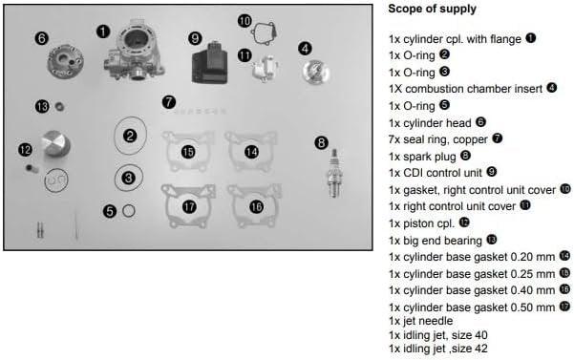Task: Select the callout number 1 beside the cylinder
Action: click(x=102, y=31)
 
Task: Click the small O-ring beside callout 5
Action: click(x=129, y=210)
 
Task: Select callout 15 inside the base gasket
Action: click(x=188, y=152)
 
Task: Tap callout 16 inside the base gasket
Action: click(x=256, y=206)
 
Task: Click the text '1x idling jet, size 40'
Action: click(x=446, y=335)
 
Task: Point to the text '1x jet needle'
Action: click(x=421, y=321)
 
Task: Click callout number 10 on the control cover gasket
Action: click(x=244, y=21)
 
